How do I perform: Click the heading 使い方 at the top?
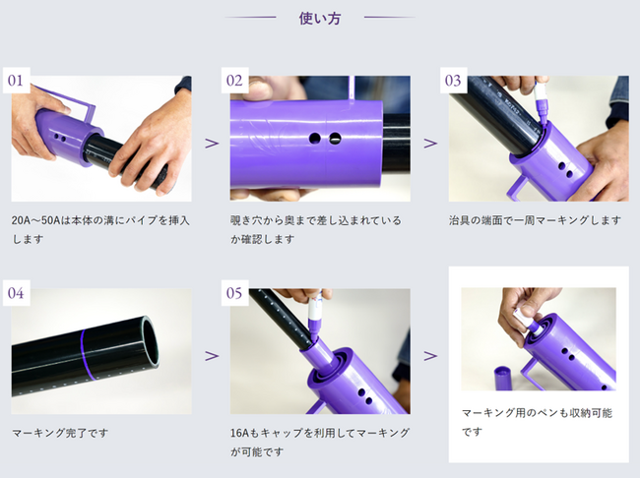click(x=320, y=19)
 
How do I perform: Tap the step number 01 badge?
click(x=17, y=81)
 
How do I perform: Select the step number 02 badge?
click(x=234, y=81)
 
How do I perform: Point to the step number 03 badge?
click(x=454, y=81)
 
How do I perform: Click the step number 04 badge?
click(x=17, y=293)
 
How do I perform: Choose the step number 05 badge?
click(x=234, y=293)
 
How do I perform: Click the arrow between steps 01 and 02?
click(x=212, y=144)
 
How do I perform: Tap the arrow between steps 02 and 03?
click(x=430, y=144)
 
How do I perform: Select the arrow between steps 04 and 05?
click(x=212, y=356)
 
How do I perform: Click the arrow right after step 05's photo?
click(x=430, y=356)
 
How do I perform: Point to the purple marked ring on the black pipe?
click(x=84, y=354)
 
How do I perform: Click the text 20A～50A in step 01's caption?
click(x=35, y=220)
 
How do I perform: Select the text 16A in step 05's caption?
click(x=239, y=433)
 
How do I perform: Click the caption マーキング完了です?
click(x=60, y=433)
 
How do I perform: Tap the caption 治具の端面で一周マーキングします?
click(x=535, y=220)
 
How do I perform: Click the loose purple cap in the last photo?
click(x=506, y=378)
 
